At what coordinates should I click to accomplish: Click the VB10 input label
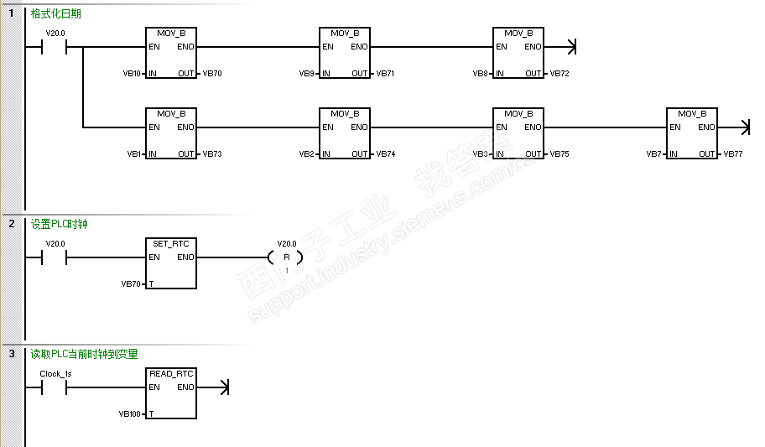(132, 74)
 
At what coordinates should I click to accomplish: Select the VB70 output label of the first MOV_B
(212, 74)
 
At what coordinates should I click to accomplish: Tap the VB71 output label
(385, 74)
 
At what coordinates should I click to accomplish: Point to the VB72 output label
(559, 74)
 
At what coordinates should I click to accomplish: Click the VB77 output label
(733, 154)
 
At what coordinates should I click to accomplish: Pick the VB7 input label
(655, 154)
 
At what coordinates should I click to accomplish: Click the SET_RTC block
(171, 263)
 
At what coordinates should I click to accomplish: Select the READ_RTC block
(171, 393)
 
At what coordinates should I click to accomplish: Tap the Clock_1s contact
(55, 387)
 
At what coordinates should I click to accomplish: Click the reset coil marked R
(286, 257)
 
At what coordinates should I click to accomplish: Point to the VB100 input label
(130, 414)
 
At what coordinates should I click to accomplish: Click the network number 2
(12, 224)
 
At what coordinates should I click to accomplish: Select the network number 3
(12, 354)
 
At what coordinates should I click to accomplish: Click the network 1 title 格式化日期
(55, 14)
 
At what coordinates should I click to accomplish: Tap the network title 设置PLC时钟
(59, 224)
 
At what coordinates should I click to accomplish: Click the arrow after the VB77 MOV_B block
(745, 127)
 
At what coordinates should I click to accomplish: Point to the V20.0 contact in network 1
(55, 47)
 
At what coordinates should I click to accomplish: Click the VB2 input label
(307, 154)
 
